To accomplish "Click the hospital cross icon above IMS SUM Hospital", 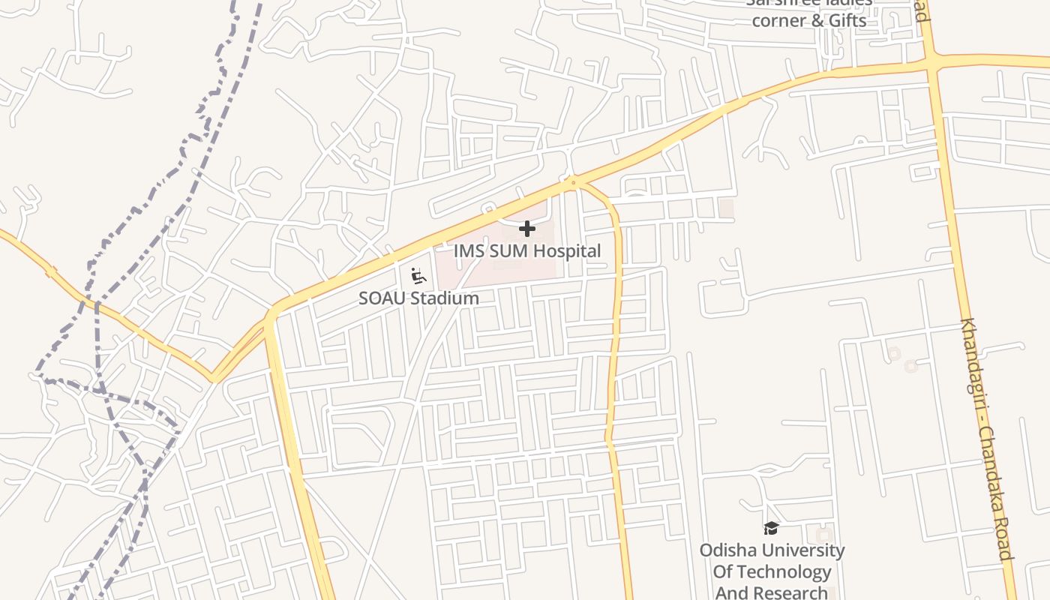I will click(x=527, y=228).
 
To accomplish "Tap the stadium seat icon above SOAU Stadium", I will click(x=418, y=276).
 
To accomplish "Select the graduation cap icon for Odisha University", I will click(x=771, y=529).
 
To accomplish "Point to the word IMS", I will click(x=469, y=251).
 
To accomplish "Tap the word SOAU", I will click(x=382, y=298).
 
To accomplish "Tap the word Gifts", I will click(x=847, y=20).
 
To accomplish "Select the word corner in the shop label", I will click(x=778, y=20).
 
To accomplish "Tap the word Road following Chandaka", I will click(x=1006, y=542).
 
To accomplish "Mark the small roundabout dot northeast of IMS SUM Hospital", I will click(x=574, y=182).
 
